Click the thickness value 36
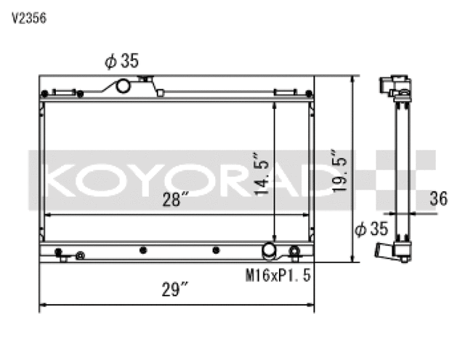438,199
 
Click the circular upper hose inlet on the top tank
123,87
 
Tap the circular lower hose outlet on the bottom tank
269,250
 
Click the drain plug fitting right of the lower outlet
294,252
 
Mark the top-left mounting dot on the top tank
46,93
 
